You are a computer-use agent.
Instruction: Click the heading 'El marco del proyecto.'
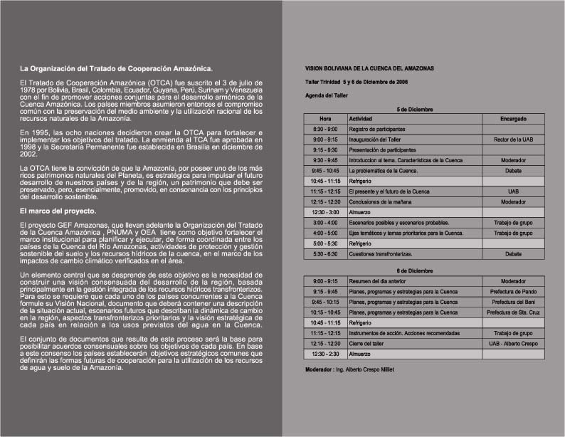click(x=58, y=212)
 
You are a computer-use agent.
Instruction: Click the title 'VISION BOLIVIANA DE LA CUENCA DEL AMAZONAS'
click(x=369, y=68)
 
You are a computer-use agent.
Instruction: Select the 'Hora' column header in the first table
click(x=325, y=118)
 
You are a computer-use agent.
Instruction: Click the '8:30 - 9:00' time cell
click(x=325, y=129)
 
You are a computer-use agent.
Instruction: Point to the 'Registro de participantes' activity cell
click(x=377, y=129)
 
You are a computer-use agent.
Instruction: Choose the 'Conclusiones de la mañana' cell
click(x=381, y=202)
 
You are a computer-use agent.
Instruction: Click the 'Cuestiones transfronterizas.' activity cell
click(x=381, y=254)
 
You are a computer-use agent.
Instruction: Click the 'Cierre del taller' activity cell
click(x=368, y=343)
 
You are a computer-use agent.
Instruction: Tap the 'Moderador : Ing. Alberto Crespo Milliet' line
click(x=348, y=369)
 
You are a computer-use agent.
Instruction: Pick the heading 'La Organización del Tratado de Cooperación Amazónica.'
click(x=116, y=69)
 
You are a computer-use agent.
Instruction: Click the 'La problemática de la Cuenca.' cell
click(x=383, y=171)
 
